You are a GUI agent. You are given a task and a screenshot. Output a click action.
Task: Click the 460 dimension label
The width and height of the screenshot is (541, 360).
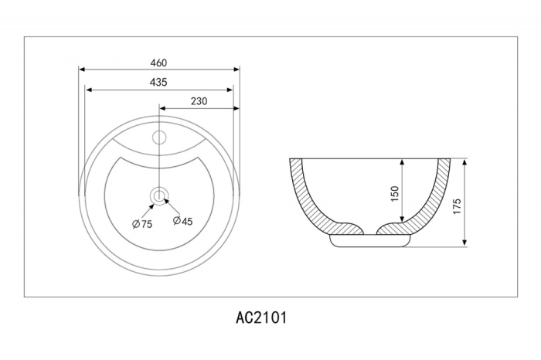pyautogui.click(x=158, y=63)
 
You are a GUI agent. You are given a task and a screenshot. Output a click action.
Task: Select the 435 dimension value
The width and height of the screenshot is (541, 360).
pyautogui.click(x=158, y=82)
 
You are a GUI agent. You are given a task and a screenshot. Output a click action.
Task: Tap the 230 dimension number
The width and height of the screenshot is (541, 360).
pyautogui.click(x=199, y=101)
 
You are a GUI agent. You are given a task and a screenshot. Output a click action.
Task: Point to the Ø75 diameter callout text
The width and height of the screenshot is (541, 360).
pyautogui.click(x=142, y=224)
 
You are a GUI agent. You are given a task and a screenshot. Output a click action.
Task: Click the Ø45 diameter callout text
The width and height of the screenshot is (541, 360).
pyautogui.click(x=183, y=221)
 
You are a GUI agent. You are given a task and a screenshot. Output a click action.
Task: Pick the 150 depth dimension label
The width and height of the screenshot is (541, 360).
pyautogui.click(x=395, y=194)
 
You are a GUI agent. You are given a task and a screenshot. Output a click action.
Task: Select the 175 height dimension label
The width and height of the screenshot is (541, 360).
pyautogui.click(x=457, y=206)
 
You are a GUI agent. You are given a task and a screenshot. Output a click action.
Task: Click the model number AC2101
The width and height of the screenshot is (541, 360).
pyautogui.click(x=261, y=318)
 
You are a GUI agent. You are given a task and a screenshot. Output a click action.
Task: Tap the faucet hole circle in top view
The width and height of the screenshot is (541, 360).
pyautogui.click(x=159, y=138)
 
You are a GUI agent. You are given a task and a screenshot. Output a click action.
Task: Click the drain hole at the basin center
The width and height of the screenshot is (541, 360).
pyautogui.click(x=159, y=196)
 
